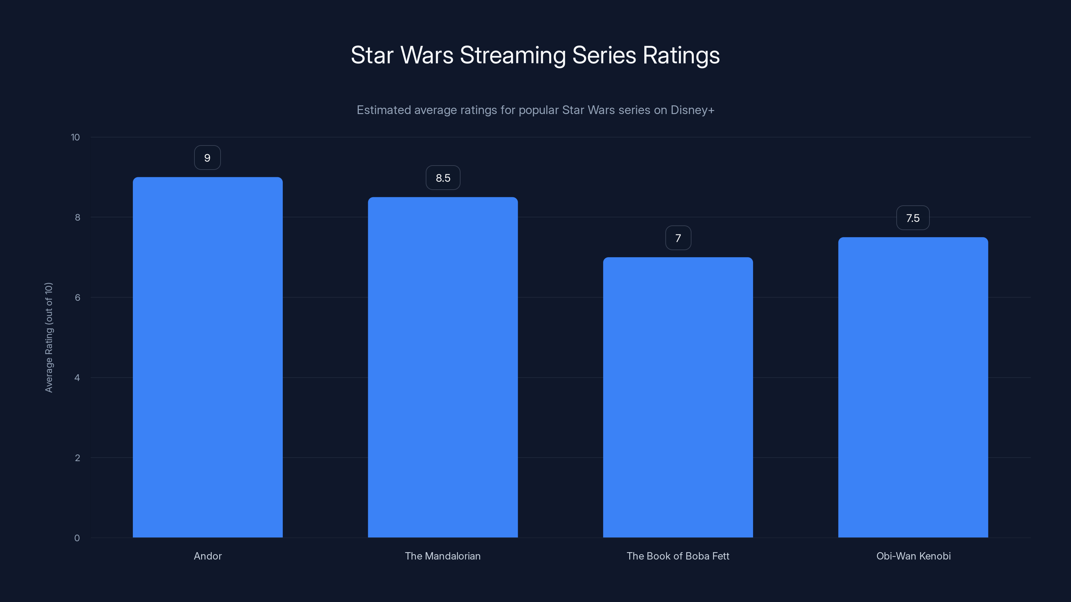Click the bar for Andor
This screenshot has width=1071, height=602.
[x=208, y=357]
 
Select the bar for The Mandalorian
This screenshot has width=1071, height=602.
[x=443, y=367]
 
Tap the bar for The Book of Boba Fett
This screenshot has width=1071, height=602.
[x=678, y=397]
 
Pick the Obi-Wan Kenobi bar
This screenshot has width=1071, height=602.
[x=913, y=387]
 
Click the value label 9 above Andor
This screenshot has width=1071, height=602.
[x=208, y=158]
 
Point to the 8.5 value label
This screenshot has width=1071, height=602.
[x=443, y=178]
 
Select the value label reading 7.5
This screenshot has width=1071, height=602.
[x=913, y=218]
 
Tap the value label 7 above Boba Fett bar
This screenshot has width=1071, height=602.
[x=678, y=238]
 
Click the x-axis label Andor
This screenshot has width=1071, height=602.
[x=208, y=556]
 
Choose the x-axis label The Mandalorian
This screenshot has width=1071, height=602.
[x=443, y=556]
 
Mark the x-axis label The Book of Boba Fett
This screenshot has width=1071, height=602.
[x=678, y=556]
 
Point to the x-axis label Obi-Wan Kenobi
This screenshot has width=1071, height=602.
[x=913, y=556]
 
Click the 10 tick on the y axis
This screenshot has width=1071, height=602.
[x=75, y=137]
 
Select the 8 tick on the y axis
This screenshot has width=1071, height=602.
[x=77, y=217]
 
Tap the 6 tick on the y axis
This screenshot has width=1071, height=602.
[x=77, y=297]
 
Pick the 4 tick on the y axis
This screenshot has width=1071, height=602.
[x=77, y=378]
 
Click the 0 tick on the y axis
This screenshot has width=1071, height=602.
[x=77, y=538]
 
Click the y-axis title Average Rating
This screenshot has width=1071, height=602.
[x=49, y=337]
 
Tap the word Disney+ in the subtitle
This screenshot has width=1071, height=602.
[x=692, y=110]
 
